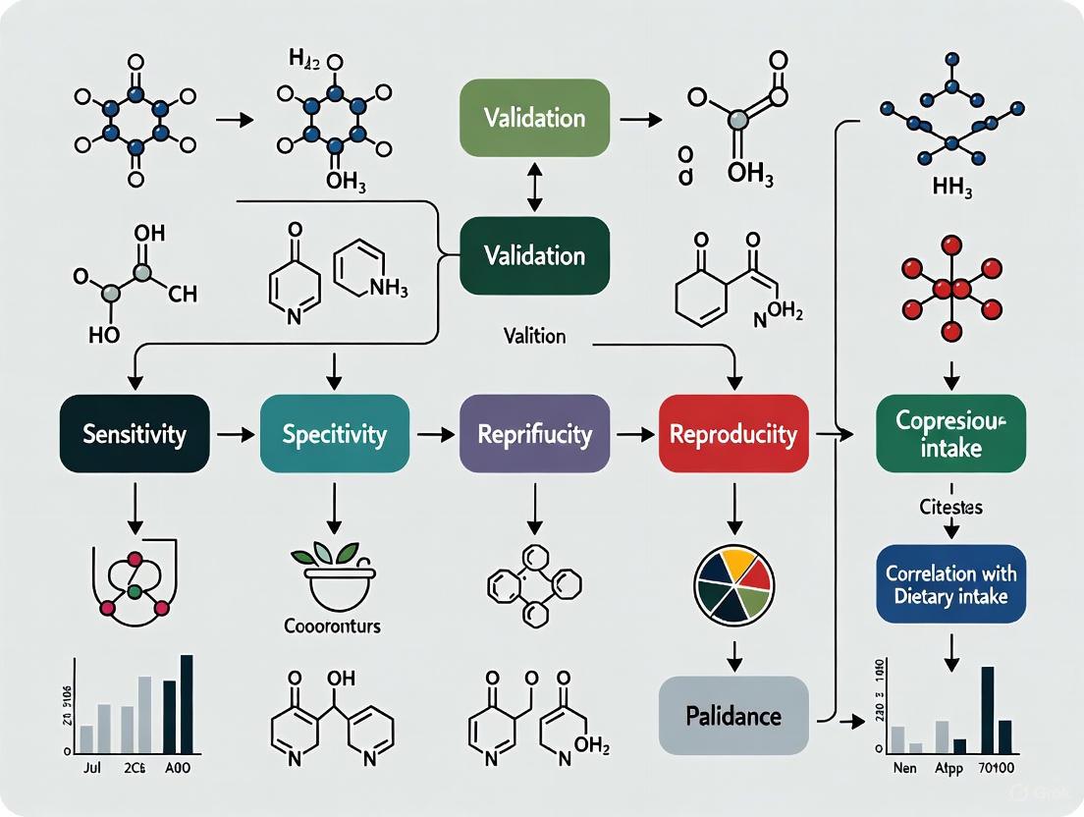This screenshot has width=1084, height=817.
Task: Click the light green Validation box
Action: pyautogui.click(x=534, y=118)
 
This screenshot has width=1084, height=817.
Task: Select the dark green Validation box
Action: pyautogui.click(x=534, y=255)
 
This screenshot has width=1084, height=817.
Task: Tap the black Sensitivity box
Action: pyautogui.click(x=135, y=434)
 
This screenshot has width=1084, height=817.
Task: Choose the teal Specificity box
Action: pyautogui.click(x=334, y=434)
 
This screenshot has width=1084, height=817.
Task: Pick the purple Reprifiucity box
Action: pyautogui.click(x=534, y=434)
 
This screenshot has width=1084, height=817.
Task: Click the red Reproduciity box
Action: pyautogui.click(x=733, y=434)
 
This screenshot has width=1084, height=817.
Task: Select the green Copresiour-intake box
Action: pyautogui.click(x=951, y=434)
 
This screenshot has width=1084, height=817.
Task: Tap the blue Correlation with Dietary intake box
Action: pyautogui.click(x=951, y=583)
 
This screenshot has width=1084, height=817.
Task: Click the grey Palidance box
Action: pyautogui.click(x=733, y=714)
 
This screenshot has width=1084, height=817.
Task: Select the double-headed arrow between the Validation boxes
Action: pyautogui.click(x=534, y=187)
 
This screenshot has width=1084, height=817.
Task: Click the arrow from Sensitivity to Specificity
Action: pyautogui.click(x=235, y=433)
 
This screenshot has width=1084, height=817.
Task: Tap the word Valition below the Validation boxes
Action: pyautogui.click(x=534, y=336)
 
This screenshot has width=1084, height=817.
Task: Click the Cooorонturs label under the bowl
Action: pyautogui.click(x=333, y=626)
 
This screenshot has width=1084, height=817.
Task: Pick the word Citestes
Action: pyautogui.click(x=951, y=509)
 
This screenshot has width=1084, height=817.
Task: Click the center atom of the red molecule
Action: pyautogui.click(x=951, y=289)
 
